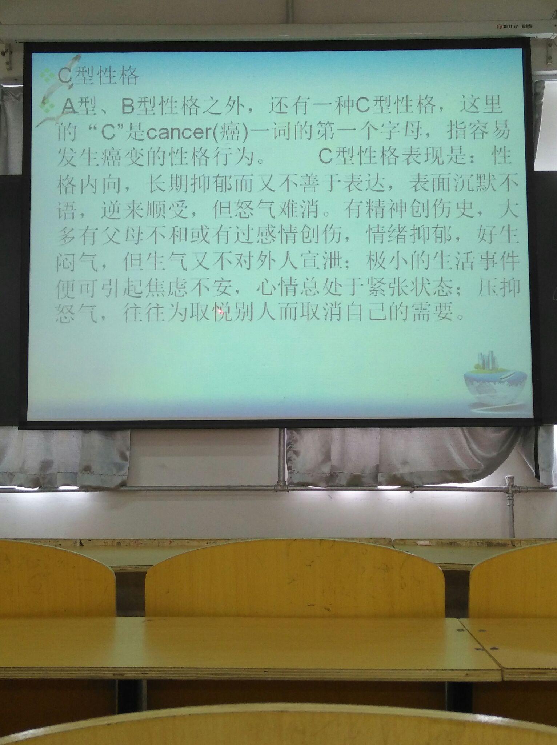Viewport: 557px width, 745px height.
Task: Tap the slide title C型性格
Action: tap(98, 76)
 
